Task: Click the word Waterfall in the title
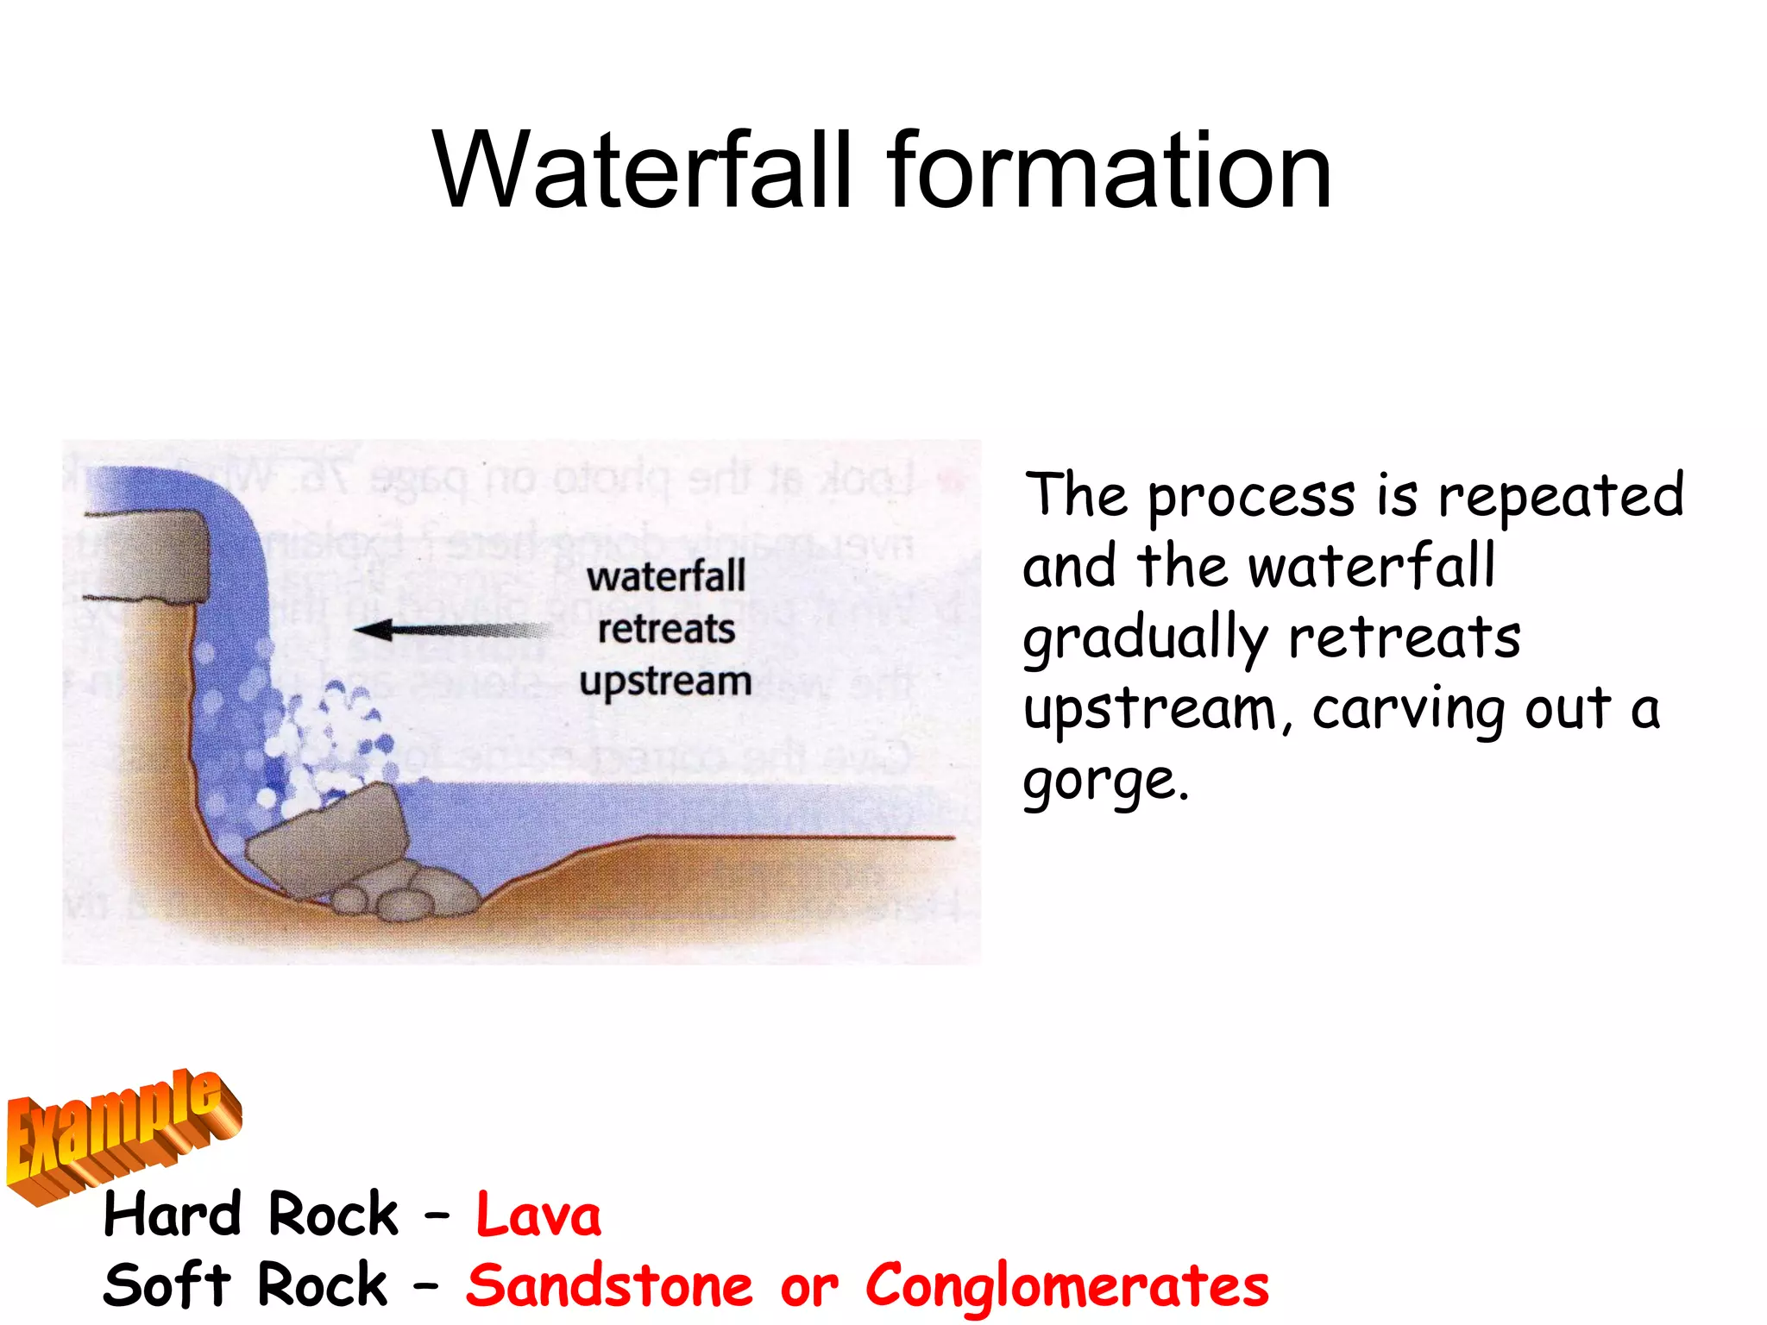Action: pyautogui.click(x=643, y=170)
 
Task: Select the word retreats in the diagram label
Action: pyautogui.click(x=666, y=629)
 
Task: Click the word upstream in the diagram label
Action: pyautogui.click(x=665, y=681)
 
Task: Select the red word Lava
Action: pyautogui.click(x=538, y=1215)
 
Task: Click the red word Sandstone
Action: pyautogui.click(x=609, y=1286)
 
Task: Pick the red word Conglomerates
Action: pyautogui.click(x=1067, y=1286)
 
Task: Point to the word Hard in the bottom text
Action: pyautogui.click(x=172, y=1215)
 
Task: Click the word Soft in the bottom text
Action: pyautogui.click(x=167, y=1286)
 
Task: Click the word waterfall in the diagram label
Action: pyautogui.click(x=666, y=577)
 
